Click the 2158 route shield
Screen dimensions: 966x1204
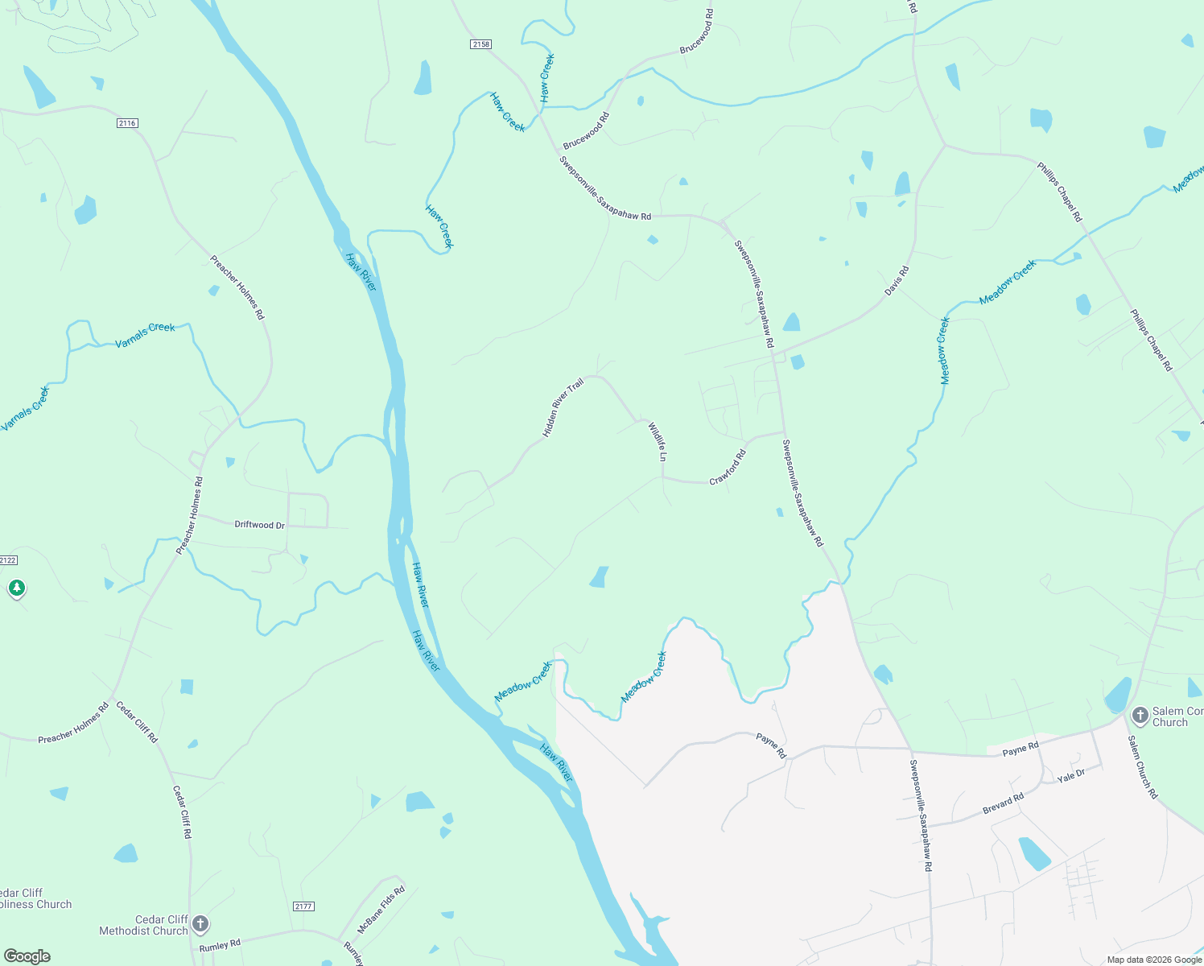click(x=480, y=44)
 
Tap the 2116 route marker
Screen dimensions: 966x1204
click(x=127, y=123)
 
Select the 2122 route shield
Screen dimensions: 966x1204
click(x=7, y=560)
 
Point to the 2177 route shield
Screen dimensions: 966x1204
click(x=303, y=906)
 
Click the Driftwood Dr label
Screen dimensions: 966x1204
click(x=259, y=525)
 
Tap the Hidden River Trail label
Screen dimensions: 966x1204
click(x=562, y=408)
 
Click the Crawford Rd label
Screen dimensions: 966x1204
click(x=728, y=468)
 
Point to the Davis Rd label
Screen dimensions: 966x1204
click(x=897, y=280)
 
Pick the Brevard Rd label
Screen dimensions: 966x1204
click(x=1003, y=803)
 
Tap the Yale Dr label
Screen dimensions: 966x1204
click(x=1071, y=776)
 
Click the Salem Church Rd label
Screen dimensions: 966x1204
click(x=1142, y=766)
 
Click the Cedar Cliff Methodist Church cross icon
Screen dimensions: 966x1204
click(x=200, y=924)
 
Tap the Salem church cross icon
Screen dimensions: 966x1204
click(x=1140, y=714)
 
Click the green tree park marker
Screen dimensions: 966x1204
click(x=17, y=588)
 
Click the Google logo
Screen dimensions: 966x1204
click(x=27, y=956)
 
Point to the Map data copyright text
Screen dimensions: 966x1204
click(x=1153, y=960)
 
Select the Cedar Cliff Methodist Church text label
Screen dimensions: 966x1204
click(x=143, y=925)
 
